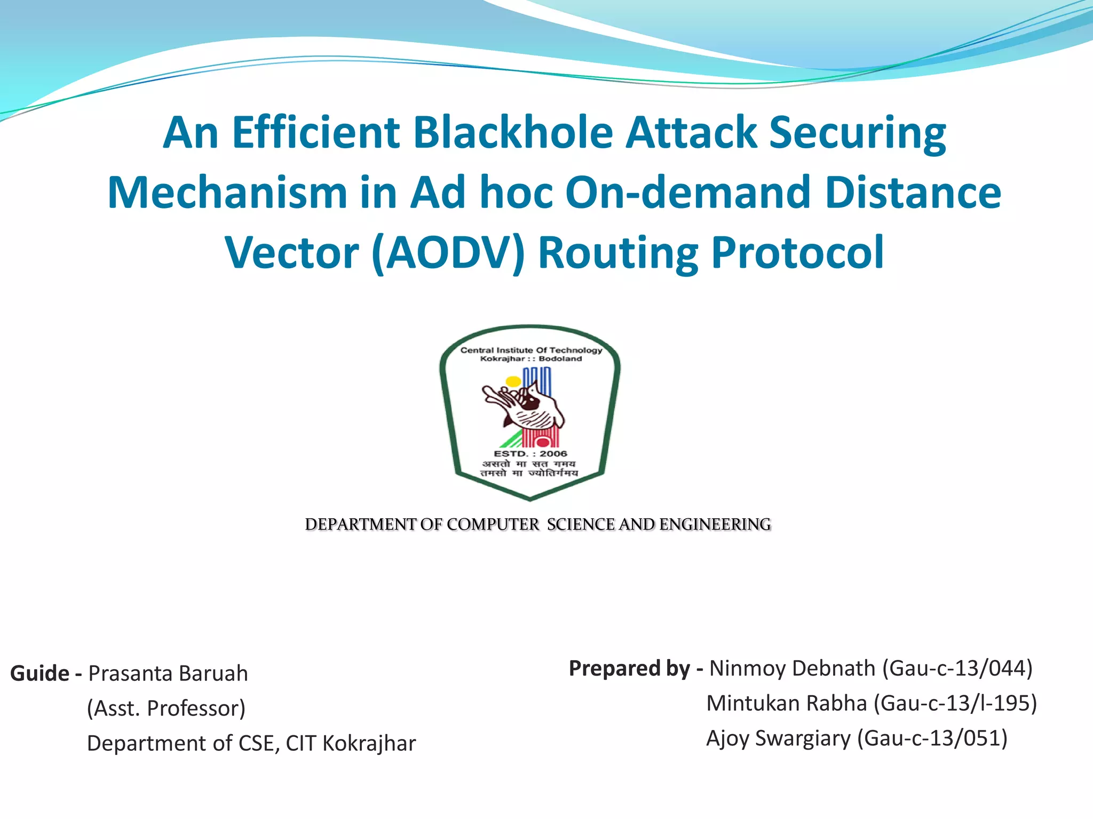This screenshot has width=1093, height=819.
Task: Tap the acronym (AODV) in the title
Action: point(448,253)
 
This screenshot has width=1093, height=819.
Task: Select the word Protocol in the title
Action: point(798,253)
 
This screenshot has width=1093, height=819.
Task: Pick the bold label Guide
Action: point(39,673)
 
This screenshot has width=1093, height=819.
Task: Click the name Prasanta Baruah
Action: point(168,673)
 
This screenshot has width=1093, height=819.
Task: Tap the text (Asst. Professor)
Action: point(166,708)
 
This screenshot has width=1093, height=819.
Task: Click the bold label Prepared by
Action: point(629,668)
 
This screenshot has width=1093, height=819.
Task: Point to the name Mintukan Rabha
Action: point(787,703)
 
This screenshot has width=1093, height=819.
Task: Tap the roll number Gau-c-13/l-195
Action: point(955,703)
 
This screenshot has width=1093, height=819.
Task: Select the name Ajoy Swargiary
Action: point(778,738)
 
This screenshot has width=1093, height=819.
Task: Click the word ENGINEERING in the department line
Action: point(715,525)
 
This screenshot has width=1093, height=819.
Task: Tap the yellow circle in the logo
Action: point(513,382)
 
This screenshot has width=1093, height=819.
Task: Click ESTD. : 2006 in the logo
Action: point(530,454)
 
